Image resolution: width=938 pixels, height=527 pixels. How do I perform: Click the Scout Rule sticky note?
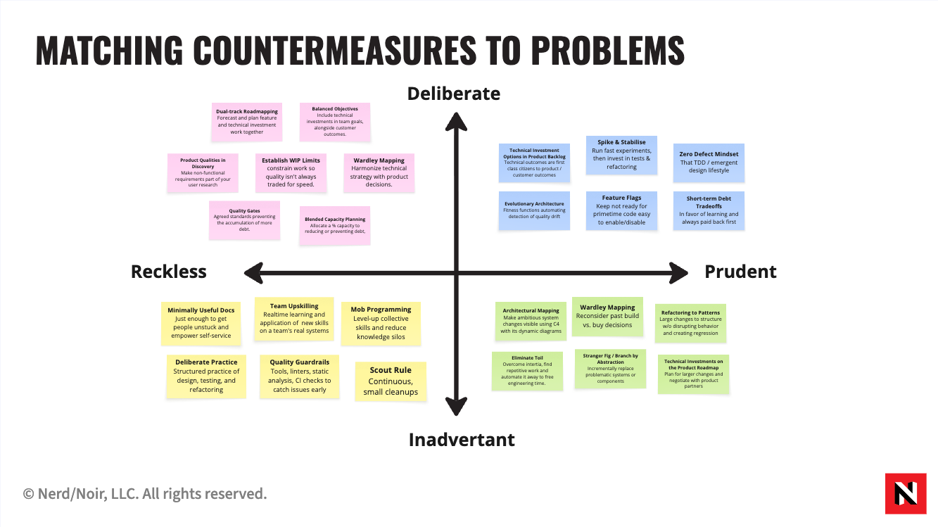(391, 381)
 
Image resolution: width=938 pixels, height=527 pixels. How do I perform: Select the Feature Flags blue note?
(621, 210)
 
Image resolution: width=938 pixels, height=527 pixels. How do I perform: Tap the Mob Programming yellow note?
(381, 324)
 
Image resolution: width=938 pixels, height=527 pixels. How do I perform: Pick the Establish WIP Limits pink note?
(291, 173)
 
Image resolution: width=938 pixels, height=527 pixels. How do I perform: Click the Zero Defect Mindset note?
(709, 163)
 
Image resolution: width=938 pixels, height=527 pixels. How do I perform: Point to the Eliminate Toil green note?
(527, 371)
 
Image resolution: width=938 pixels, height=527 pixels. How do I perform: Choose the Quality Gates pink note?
(245, 220)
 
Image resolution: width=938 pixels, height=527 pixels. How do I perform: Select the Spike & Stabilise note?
(621, 155)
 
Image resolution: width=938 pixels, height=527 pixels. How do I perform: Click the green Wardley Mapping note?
(607, 317)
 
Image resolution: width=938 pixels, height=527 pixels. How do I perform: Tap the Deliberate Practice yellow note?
(206, 376)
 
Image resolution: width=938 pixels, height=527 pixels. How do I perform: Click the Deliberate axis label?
(453, 94)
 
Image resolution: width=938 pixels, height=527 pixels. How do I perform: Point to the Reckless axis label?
(169, 272)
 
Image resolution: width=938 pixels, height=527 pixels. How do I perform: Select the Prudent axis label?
(740, 272)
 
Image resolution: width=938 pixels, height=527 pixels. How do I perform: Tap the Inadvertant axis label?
(462, 440)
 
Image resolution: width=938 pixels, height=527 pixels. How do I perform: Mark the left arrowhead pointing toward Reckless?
(254, 273)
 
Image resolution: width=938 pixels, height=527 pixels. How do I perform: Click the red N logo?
(906, 493)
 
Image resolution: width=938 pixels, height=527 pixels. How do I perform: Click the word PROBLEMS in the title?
(607, 50)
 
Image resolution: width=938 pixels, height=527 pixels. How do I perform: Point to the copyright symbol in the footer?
(28, 495)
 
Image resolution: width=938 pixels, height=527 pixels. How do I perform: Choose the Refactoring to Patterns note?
(690, 323)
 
